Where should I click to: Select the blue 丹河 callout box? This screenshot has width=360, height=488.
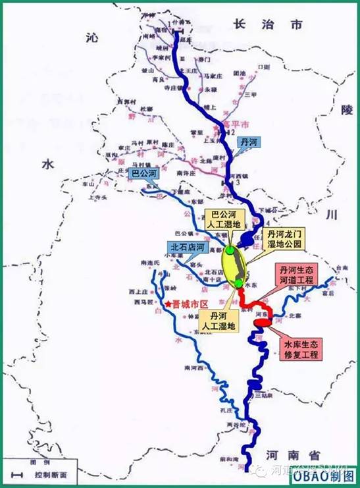(x=249, y=143)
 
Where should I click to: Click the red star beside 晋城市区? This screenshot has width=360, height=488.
(x=168, y=304)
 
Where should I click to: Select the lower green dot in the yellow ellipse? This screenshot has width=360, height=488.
(x=238, y=283)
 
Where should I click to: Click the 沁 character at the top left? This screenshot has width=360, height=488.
(x=91, y=40)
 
